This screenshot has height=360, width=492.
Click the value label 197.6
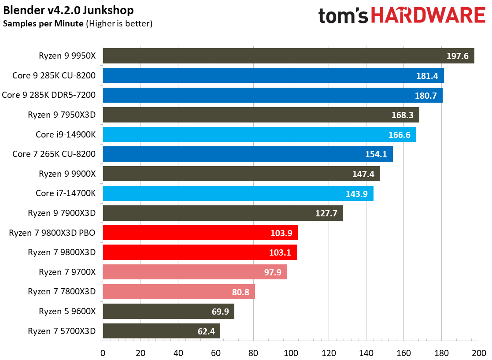(x=457, y=56)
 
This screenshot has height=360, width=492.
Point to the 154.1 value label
(x=376, y=154)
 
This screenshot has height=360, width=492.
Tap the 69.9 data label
(x=218, y=312)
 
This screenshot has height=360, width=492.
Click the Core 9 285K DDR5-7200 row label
(x=49, y=95)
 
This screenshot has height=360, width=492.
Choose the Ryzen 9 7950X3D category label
(x=62, y=115)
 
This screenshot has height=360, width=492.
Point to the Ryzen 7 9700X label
(x=67, y=272)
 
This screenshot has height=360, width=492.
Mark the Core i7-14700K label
(x=66, y=193)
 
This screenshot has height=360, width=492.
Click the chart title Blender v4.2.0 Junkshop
(x=68, y=10)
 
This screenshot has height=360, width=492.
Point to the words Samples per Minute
(x=43, y=24)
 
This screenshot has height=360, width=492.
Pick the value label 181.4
(x=427, y=76)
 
